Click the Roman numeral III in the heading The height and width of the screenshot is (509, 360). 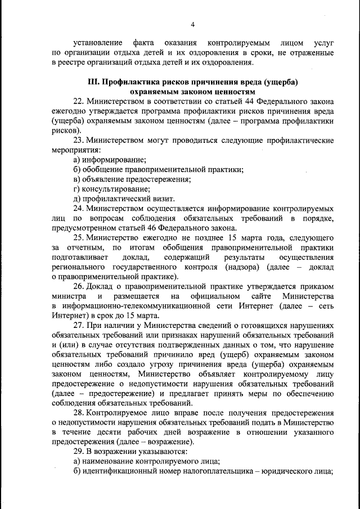pos(94,82)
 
